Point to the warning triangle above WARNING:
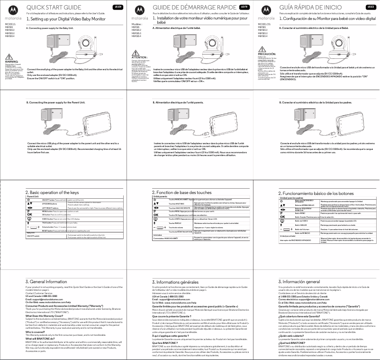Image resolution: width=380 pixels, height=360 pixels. pos(9,57)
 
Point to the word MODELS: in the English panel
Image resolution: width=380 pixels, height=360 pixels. pos(10,23)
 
